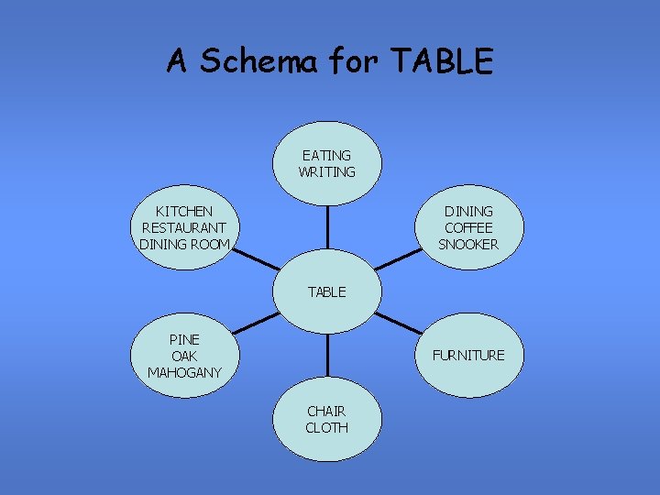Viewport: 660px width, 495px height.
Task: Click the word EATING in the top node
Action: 326,155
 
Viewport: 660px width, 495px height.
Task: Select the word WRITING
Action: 326,171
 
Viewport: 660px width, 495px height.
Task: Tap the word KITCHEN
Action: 184,211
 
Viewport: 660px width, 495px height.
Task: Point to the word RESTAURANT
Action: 184,227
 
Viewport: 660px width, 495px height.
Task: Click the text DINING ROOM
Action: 184,244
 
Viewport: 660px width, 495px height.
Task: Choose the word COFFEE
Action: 468,227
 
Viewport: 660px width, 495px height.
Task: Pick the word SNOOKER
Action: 468,244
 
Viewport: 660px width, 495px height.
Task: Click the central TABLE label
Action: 326,291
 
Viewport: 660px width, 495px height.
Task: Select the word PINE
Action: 184,339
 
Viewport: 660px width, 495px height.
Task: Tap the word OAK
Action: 184,356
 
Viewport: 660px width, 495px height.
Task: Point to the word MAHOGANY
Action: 184,372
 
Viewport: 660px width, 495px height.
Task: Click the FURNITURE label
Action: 468,355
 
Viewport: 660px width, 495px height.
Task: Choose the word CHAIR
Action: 326,411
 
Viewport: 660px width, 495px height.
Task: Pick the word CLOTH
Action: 326,427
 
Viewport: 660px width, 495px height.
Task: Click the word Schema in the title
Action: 259,61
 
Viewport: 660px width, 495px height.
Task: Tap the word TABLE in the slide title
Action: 442,61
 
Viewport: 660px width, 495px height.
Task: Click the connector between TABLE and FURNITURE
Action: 399,323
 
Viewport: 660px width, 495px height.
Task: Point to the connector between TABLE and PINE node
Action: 256,323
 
